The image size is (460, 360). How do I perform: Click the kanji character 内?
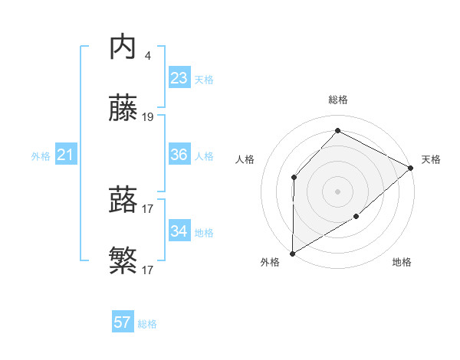pos(123,47)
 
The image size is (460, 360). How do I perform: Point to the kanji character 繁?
pos(123,263)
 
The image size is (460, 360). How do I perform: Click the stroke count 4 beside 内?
pos(147,56)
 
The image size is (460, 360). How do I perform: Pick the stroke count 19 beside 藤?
pos(148,117)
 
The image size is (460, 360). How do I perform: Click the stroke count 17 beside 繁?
pos(148,270)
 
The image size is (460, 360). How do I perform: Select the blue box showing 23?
pos(179,78)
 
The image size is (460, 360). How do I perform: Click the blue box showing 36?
pos(179,155)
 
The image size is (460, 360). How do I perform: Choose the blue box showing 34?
pos(179,231)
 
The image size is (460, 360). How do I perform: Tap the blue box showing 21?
pos(66,155)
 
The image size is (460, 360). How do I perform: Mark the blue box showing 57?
pos(123,322)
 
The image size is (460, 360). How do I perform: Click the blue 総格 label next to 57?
pos(148,324)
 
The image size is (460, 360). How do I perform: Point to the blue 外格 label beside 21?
pos(41,156)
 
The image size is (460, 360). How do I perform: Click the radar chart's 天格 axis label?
pos(431,159)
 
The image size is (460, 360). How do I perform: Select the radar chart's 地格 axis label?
pos(402,262)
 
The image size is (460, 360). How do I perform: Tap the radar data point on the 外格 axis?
pos(292,254)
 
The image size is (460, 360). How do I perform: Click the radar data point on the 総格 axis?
pos(337,130)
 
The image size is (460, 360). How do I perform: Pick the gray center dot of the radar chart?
pos(337,191)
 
